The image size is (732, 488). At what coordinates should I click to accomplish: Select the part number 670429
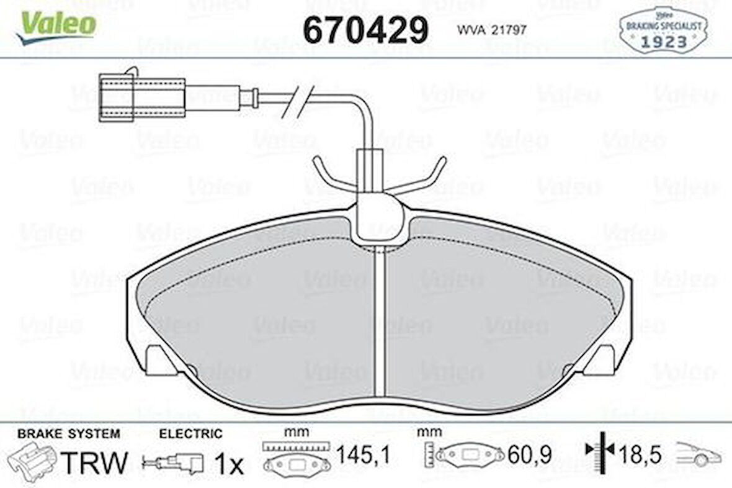point(365,29)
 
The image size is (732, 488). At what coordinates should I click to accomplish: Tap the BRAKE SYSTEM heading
point(69,433)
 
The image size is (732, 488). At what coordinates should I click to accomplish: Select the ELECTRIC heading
point(190,433)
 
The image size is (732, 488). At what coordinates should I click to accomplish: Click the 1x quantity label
point(229,463)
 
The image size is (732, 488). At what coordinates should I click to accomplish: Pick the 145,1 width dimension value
point(363,456)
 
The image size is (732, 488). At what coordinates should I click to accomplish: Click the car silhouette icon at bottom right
point(699,455)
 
